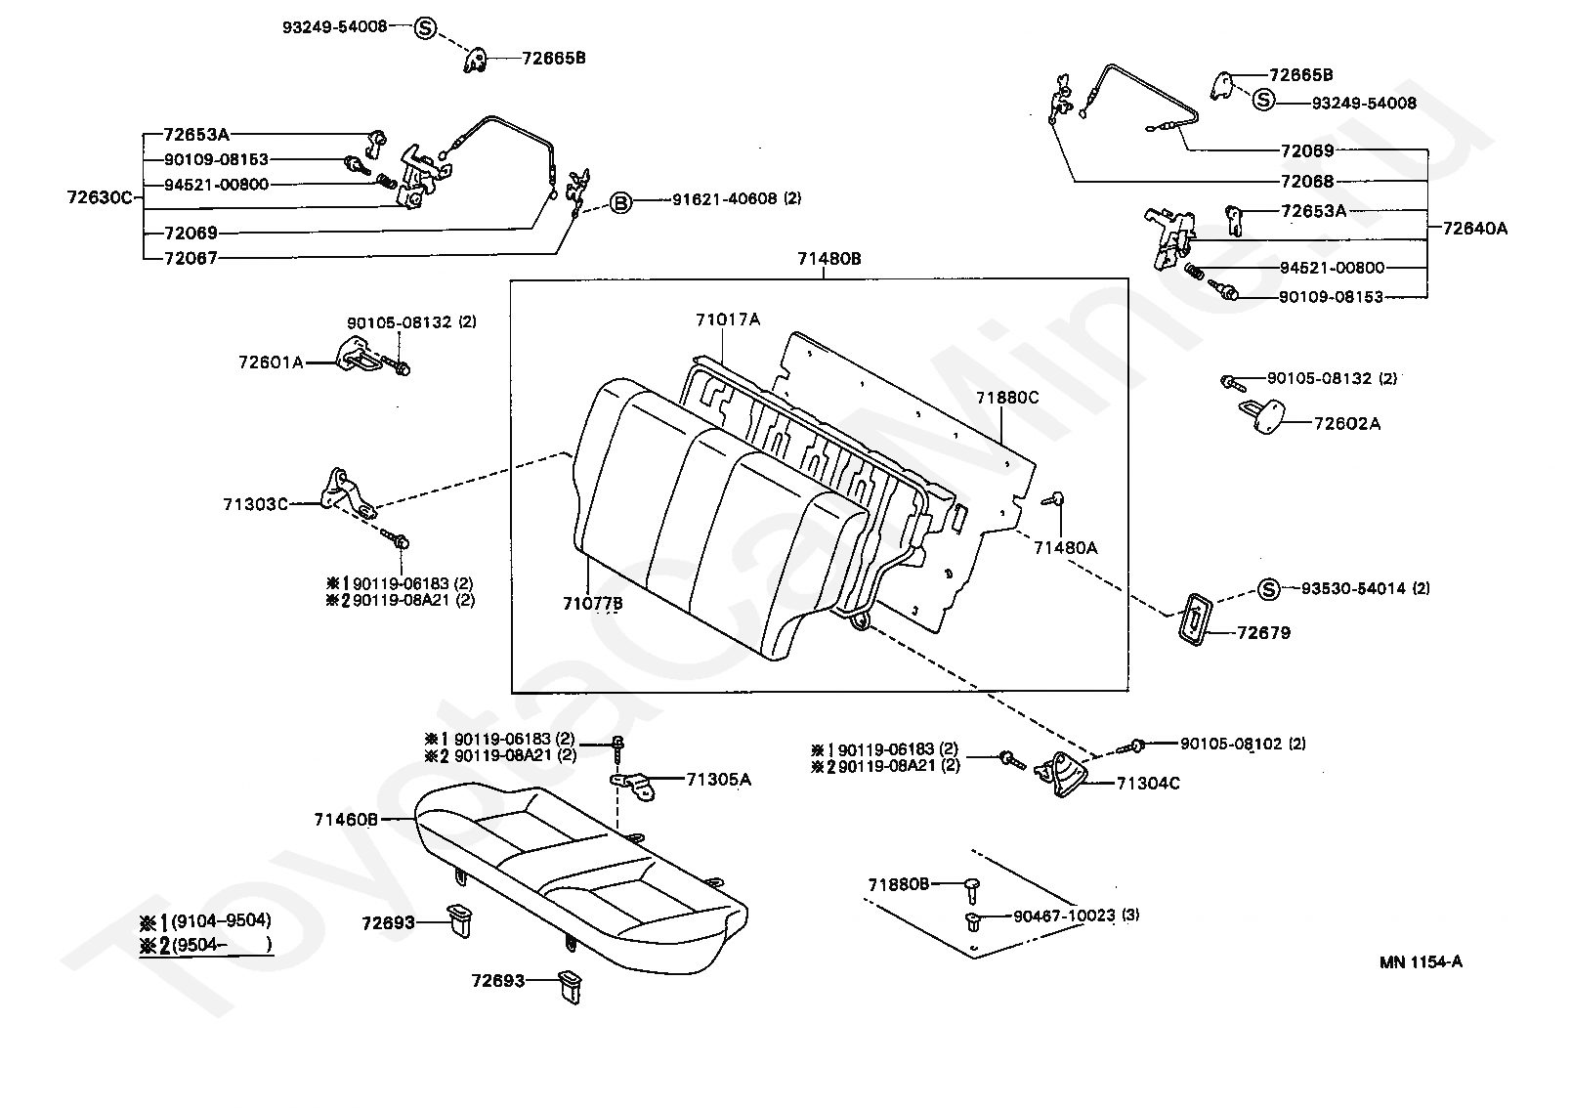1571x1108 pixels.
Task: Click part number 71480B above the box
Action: (x=828, y=259)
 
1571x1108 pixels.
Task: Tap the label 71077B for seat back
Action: (x=592, y=604)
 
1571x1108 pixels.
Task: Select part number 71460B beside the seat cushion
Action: (x=346, y=819)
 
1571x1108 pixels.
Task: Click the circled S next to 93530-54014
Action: (x=1267, y=588)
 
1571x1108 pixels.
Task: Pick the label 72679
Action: (x=1263, y=632)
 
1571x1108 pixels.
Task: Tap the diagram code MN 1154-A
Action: (x=1421, y=961)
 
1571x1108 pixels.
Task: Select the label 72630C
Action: (x=99, y=196)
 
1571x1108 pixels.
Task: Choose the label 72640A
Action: (x=1474, y=229)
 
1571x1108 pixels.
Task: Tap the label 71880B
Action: (x=898, y=884)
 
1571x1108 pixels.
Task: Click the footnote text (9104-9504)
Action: (x=221, y=920)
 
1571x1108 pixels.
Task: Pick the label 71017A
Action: (x=728, y=319)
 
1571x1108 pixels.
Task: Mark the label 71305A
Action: (x=718, y=779)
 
